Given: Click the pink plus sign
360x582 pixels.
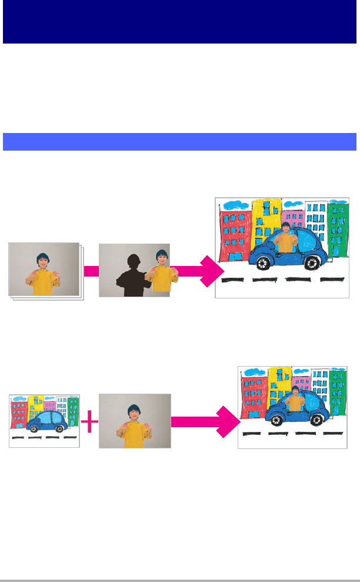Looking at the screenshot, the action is pyautogui.click(x=89, y=421).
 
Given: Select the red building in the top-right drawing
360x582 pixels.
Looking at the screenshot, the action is pyautogui.click(x=235, y=235).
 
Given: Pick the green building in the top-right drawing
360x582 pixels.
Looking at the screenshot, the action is pyautogui.click(x=338, y=232).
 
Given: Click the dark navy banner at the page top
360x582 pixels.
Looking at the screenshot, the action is pyautogui.click(x=180, y=22).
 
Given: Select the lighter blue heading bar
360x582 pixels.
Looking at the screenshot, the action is pyautogui.click(x=180, y=142).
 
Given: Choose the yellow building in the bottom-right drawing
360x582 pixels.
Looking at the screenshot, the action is pyautogui.click(x=279, y=385).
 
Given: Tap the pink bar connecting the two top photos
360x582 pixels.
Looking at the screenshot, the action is pyautogui.click(x=91, y=271).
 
